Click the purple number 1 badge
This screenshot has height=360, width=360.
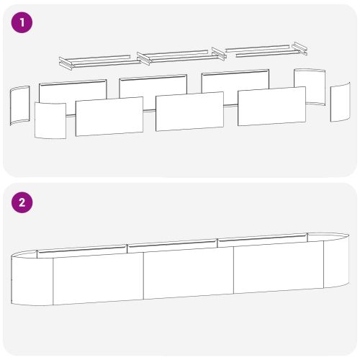pyautogui.click(x=22, y=22)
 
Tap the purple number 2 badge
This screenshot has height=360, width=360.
pyautogui.click(x=22, y=202)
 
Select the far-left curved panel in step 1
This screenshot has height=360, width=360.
pyautogui.click(x=20, y=106)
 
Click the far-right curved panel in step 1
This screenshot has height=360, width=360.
pyautogui.click(x=341, y=102)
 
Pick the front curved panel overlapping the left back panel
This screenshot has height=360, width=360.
pyautogui.click(x=50, y=120)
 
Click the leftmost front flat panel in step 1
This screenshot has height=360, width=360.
pyautogui.click(x=109, y=117)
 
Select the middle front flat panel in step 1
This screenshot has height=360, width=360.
pyautogui.click(x=189, y=112)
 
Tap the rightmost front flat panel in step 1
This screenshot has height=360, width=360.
pyautogui.click(x=271, y=106)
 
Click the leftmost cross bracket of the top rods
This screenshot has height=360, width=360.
pyautogui.click(x=66, y=64)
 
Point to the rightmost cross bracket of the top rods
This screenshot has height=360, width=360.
pyautogui.click(x=300, y=48)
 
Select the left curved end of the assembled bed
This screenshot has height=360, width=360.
pyautogui.click(x=32, y=278)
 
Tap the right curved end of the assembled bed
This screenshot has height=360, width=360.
pyautogui.click(x=336, y=261)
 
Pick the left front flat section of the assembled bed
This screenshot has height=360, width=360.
pyautogui.click(x=98, y=279)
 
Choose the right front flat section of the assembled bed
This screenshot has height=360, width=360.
pyautogui.click(x=279, y=267)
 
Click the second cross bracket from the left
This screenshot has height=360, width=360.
pyautogui.click(x=144, y=58)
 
